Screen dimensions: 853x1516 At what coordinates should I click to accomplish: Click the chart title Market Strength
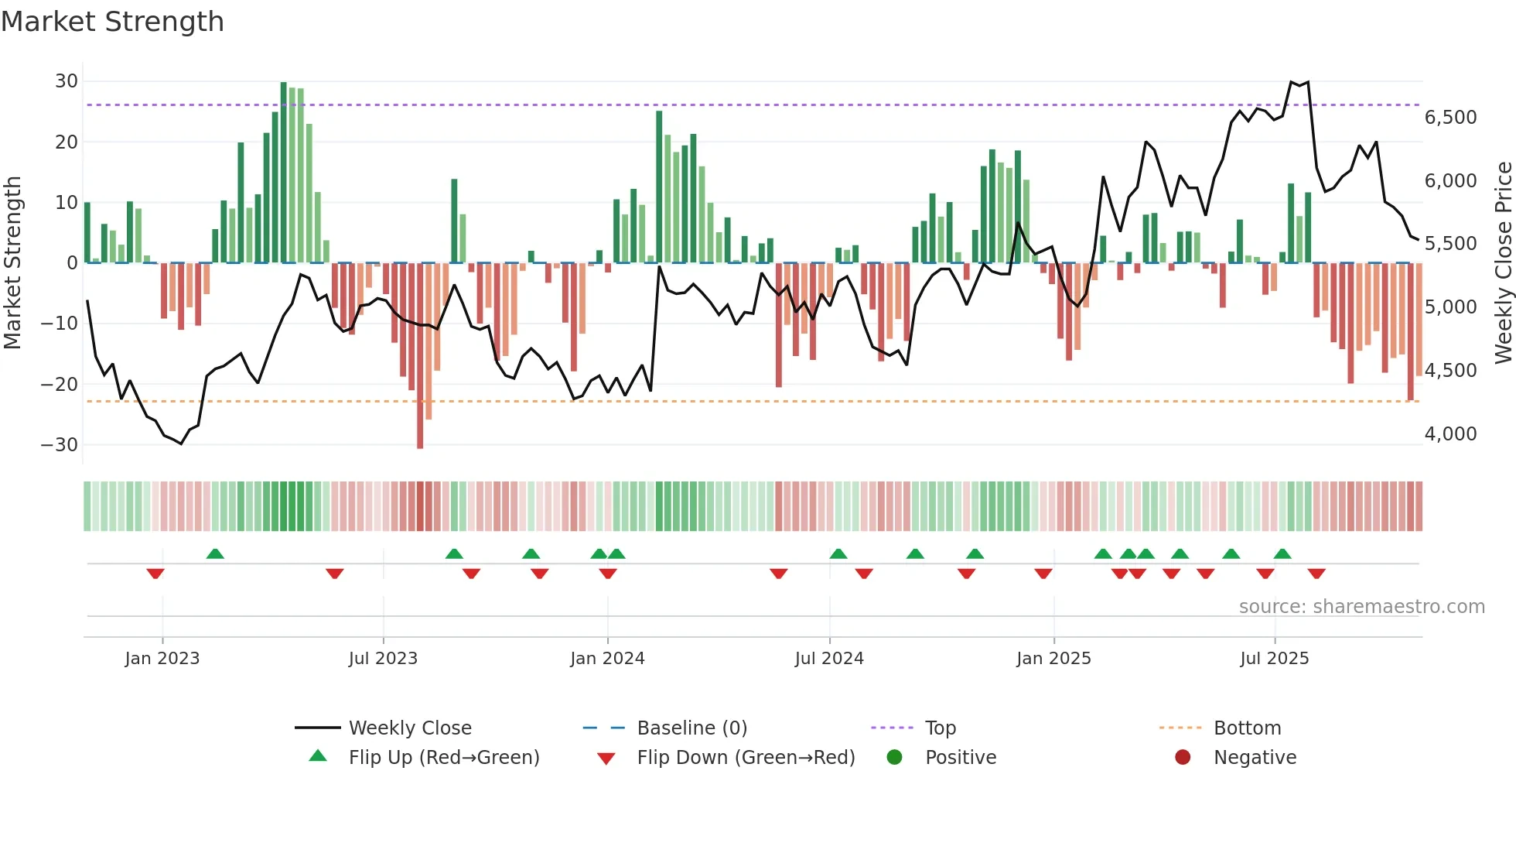[x=112, y=22]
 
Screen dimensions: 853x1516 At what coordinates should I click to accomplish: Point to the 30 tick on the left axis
[x=67, y=81]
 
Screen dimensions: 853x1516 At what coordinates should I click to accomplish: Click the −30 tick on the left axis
[x=60, y=445]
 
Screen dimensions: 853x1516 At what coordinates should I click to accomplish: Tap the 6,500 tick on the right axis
[x=1450, y=118]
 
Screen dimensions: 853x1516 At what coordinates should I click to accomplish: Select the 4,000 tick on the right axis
[x=1450, y=434]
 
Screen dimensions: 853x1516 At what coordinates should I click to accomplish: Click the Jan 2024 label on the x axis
[x=607, y=659]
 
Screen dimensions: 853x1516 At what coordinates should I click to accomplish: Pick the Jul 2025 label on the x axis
[x=1274, y=659]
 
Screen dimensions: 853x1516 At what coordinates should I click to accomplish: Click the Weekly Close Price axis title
[x=1503, y=263]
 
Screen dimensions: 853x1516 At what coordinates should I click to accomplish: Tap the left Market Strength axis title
[x=13, y=263]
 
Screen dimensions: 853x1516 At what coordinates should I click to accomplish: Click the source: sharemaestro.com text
[x=1361, y=607]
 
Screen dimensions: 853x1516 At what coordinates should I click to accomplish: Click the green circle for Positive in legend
[x=895, y=758]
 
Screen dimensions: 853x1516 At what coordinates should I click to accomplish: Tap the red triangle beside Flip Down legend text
[x=606, y=759]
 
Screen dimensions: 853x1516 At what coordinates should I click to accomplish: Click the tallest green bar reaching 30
[x=283, y=170]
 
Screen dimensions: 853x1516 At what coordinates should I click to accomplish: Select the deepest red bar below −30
[x=420, y=356]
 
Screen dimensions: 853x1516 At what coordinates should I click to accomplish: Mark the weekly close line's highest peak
[x=1292, y=81]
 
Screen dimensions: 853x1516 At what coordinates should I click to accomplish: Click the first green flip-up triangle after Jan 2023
[x=215, y=553]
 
